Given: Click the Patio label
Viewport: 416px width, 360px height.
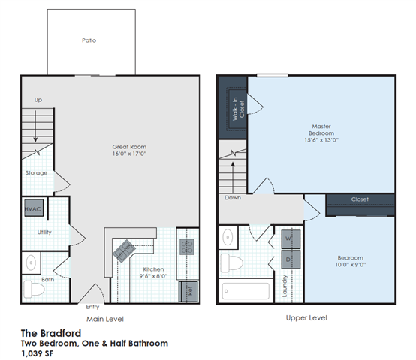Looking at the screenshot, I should (x=89, y=40).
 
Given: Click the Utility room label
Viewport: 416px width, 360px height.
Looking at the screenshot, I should (x=44, y=232).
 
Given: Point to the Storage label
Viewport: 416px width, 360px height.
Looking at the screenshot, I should (x=37, y=173).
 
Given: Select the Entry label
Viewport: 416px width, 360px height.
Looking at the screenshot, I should (x=92, y=306).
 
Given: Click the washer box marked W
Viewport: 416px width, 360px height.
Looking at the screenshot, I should (x=289, y=239).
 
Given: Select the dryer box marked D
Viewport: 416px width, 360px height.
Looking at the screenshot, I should (x=289, y=259).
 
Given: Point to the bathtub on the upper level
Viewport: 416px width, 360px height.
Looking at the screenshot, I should (x=244, y=290).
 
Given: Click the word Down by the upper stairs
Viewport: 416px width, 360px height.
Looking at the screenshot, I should (x=231, y=198).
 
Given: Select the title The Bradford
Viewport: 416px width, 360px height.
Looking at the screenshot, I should (x=50, y=331).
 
